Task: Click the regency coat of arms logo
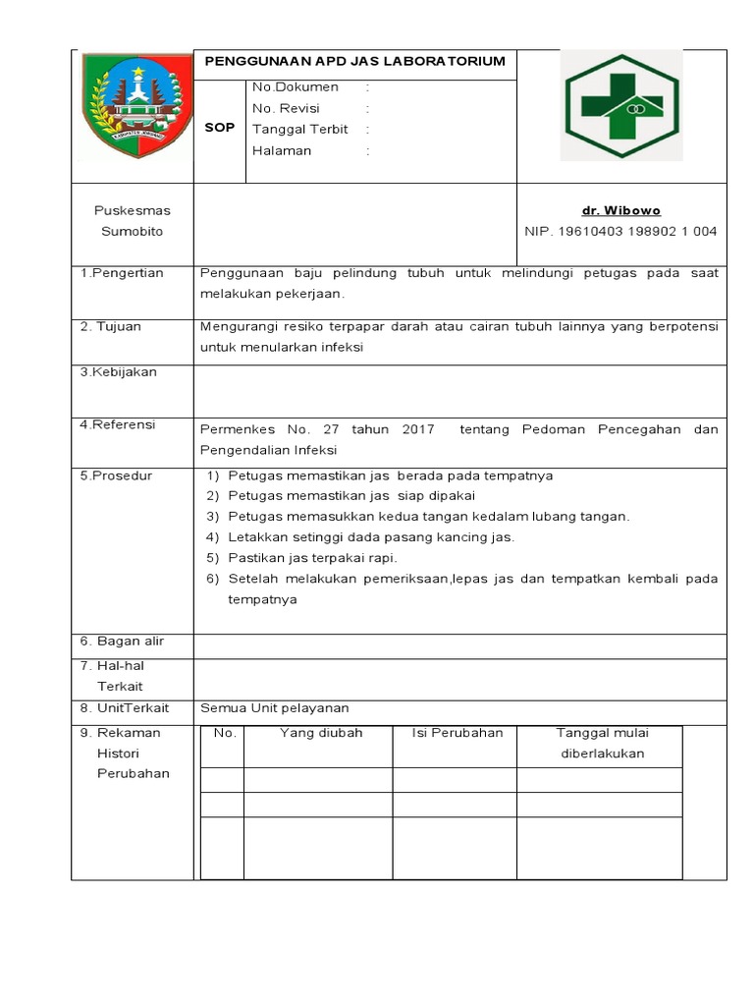coord(132,108)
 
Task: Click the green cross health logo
coord(619,105)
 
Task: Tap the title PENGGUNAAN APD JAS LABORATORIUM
coord(354,61)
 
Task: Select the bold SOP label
coord(219,128)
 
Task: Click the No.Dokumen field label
coord(296,87)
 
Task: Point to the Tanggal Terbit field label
coord(300,130)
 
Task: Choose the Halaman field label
coord(282,151)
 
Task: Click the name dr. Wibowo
coord(620,210)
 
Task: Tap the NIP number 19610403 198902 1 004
coord(620,232)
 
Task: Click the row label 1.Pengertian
coord(122,272)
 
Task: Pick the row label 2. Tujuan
coord(111,326)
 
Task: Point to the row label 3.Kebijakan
coord(119,372)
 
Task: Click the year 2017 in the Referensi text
coord(417,429)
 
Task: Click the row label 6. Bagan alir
coord(122,642)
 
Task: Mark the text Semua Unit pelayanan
coord(275,708)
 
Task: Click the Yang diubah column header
coord(321,733)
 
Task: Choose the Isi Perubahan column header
coord(457,733)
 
